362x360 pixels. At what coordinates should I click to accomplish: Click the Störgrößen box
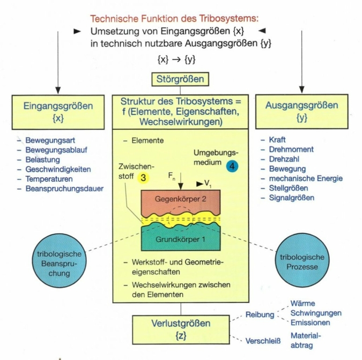[x=180, y=80]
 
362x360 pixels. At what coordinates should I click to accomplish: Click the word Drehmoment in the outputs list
[x=291, y=150]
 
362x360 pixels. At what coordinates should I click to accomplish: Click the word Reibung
[x=260, y=315]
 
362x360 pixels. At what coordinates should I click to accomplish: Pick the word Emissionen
[x=311, y=322]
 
